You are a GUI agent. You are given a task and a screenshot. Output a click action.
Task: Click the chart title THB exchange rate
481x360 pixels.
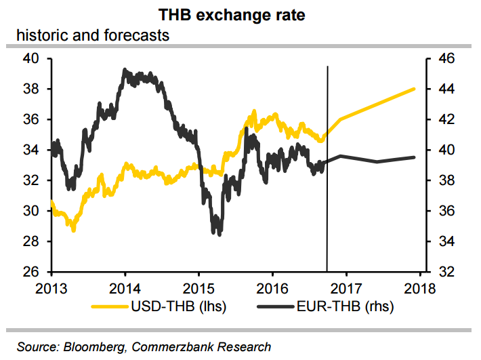(240, 14)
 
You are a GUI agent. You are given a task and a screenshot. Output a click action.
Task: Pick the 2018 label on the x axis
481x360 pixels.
(419, 287)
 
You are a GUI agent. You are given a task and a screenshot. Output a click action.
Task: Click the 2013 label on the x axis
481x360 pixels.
(52, 287)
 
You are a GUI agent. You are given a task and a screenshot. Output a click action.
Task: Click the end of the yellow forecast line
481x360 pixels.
(414, 89)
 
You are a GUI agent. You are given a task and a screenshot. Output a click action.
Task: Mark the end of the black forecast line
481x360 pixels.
(414, 157)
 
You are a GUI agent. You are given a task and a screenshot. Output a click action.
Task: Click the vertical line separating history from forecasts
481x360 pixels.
(327, 169)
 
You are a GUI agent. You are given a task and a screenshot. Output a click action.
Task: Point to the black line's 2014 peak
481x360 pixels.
(125, 69)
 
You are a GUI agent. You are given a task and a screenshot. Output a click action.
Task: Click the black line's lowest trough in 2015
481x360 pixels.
(217, 234)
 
